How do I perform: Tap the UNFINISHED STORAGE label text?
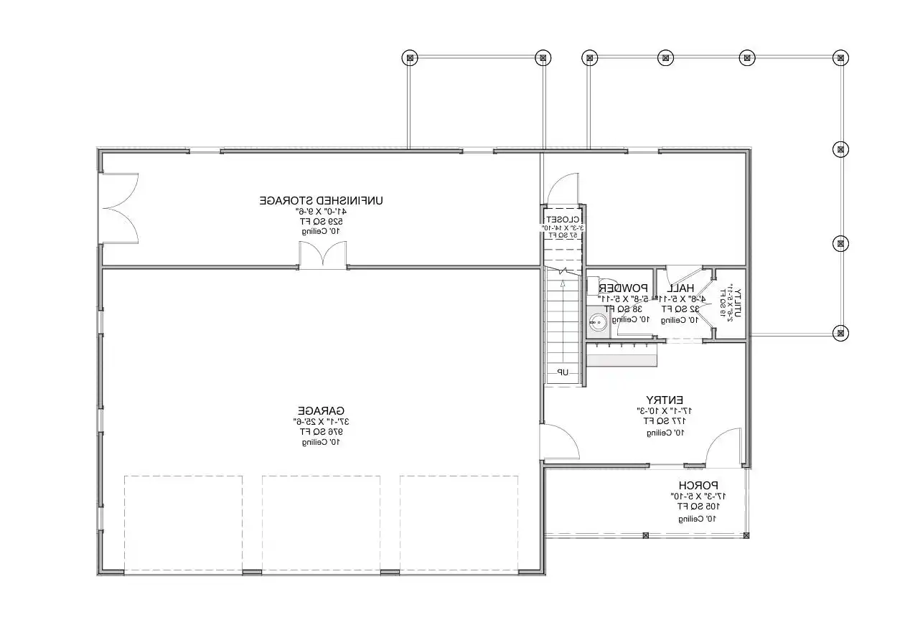(x=321, y=200)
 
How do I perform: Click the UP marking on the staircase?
(x=563, y=372)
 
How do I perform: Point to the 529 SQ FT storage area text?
(x=321, y=222)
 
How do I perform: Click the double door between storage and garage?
(x=322, y=256)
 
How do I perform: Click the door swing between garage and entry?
(x=560, y=441)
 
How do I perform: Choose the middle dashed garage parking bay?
(x=321, y=522)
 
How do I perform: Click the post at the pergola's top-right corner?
(x=840, y=57)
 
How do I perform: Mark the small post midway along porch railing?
(x=645, y=535)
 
